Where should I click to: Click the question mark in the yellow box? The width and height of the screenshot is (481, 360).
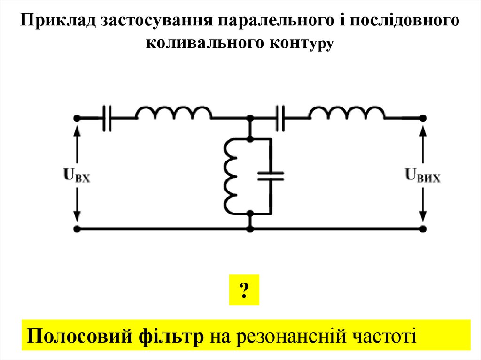pyautogui.click(x=244, y=291)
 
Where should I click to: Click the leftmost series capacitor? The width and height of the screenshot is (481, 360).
pyautogui.click(x=108, y=117)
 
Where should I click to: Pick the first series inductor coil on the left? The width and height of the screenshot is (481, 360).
pyautogui.click(x=173, y=114)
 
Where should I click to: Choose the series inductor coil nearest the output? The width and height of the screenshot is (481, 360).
pyautogui.click(x=347, y=114)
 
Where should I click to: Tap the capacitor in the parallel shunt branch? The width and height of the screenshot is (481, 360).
pyautogui.click(x=271, y=176)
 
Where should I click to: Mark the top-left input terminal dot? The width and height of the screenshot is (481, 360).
pyautogui.click(x=77, y=118)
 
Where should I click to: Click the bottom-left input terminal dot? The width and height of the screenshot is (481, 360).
pyautogui.click(x=77, y=229)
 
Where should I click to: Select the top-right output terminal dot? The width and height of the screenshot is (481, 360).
pyautogui.click(x=423, y=118)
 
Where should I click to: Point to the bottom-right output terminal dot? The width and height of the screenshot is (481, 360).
pyautogui.click(x=423, y=229)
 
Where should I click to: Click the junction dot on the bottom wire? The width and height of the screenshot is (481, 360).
pyautogui.click(x=250, y=229)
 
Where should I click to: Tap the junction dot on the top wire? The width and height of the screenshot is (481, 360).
pyautogui.click(x=250, y=118)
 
